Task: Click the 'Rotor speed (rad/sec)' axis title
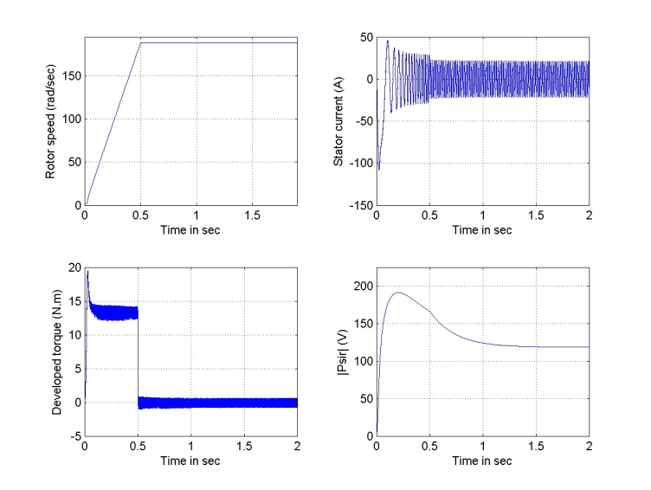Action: click(51, 121)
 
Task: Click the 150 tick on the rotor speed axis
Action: click(72, 76)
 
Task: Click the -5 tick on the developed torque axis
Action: click(75, 435)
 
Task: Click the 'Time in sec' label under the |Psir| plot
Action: click(482, 461)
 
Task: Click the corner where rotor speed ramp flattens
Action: click(140, 42)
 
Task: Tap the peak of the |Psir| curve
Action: click(397, 293)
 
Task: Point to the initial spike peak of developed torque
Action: click(87, 272)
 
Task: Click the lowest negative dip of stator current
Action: click(379, 170)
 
